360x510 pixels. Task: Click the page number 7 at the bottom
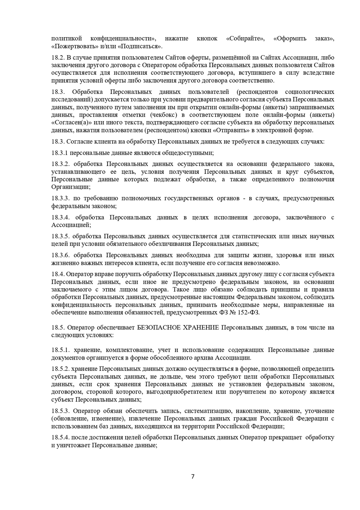click(193, 477)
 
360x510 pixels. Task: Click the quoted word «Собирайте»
click(245, 39)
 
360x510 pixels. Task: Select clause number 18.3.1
click(60, 153)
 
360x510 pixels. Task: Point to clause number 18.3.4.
click(61, 217)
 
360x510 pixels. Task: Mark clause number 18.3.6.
click(61, 255)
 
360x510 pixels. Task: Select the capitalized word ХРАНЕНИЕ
click(200, 328)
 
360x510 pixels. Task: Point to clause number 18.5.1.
click(60, 350)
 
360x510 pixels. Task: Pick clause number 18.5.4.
click(60, 438)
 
